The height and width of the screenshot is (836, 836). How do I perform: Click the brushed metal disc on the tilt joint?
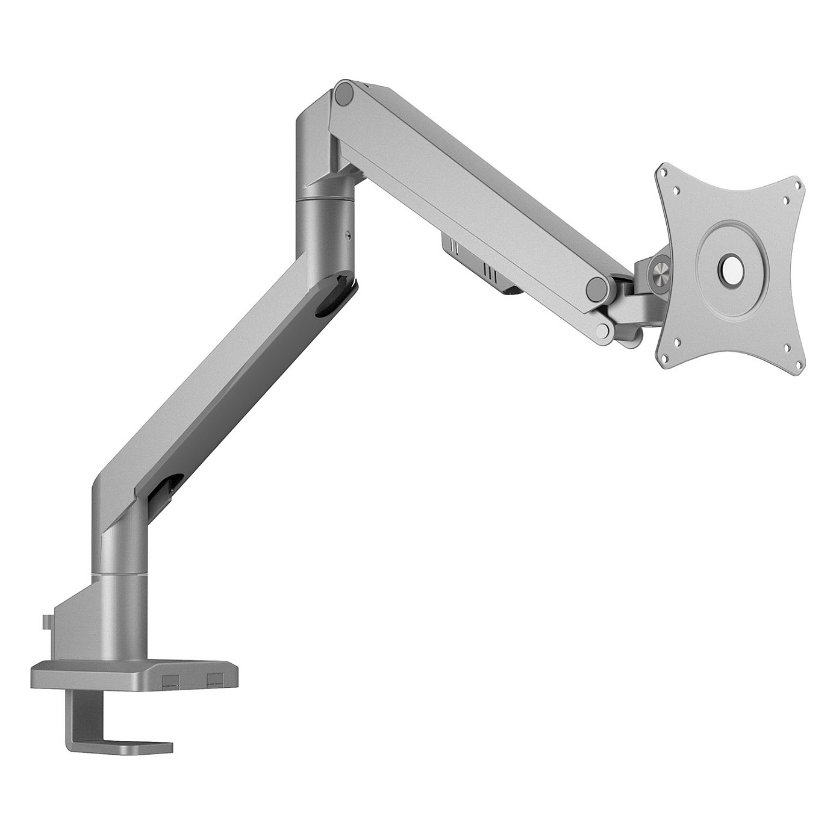660,267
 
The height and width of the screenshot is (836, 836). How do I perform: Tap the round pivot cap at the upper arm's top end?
345,94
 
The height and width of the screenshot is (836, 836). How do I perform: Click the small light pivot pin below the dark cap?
604,329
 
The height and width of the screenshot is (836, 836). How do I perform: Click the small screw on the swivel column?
348,236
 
